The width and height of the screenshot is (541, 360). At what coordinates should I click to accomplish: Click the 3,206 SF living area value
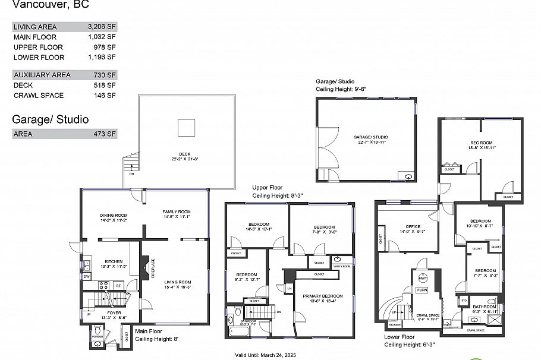101,27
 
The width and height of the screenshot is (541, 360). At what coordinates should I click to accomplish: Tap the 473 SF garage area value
104,134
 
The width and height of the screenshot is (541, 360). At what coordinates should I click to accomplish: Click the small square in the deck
187,127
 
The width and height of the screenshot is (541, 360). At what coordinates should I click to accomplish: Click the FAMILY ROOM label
177,211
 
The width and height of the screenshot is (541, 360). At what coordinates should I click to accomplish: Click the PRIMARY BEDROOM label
322,296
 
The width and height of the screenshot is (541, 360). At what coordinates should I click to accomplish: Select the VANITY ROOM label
341,266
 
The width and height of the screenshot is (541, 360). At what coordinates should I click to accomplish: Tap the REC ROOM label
481,143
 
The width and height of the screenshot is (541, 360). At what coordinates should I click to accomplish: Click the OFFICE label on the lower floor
413,226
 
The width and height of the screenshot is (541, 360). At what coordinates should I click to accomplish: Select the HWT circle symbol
423,278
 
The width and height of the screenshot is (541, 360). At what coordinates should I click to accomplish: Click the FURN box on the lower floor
422,290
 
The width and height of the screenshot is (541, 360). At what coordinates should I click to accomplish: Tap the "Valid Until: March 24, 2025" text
264,355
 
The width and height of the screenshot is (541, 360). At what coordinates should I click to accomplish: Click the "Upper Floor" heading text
266,187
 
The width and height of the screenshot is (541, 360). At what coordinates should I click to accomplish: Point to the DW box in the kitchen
86,276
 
